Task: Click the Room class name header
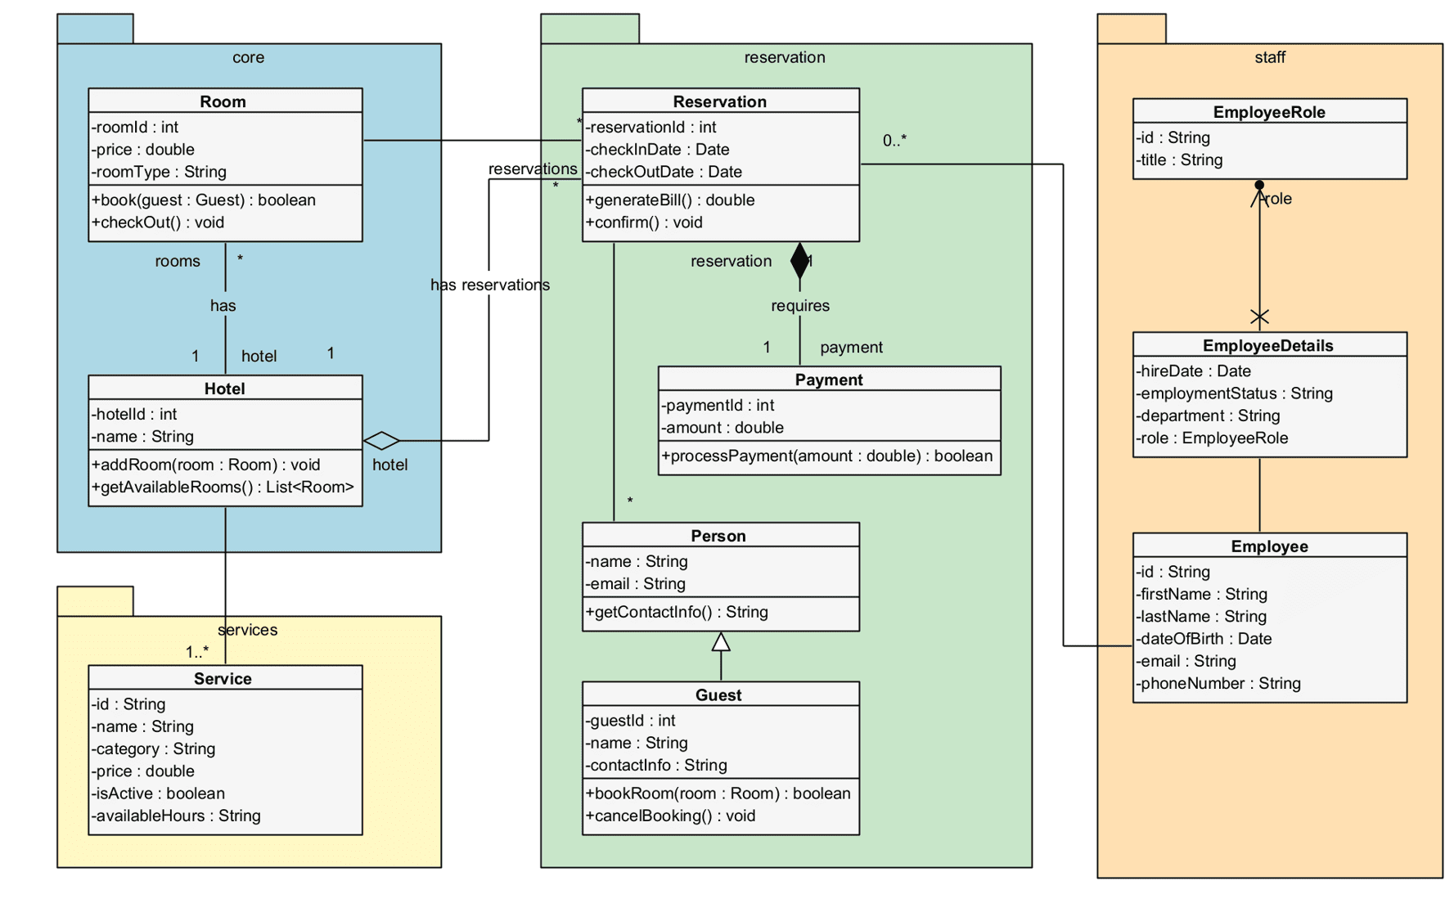[x=223, y=101]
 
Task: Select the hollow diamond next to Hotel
[x=381, y=441]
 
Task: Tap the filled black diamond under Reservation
[x=799, y=260]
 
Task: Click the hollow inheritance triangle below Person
[x=720, y=643]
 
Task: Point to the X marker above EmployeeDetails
[x=1259, y=317]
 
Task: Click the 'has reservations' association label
[x=489, y=285]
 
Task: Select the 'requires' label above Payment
[x=799, y=305]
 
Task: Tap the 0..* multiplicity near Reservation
[x=894, y=141]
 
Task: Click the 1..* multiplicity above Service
[x=196, y=652]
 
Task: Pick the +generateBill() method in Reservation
[x=670, y=200]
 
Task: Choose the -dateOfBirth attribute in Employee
[x=1204, y=639]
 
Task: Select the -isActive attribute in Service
[x=158, y=793]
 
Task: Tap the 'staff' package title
[x=1269, y=57]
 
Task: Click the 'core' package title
[x=248, y=57]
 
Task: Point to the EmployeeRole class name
[x=1268, y=112]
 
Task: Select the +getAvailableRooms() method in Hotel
[x=223, y=488]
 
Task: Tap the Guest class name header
[x=718, y=695]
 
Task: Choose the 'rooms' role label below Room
[x=178, y=261]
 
